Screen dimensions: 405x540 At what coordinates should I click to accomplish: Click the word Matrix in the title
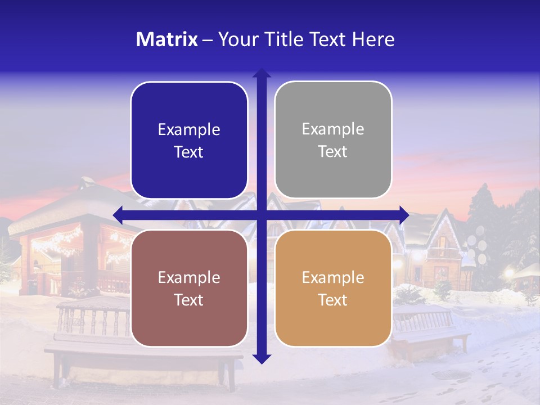tap(167, 39)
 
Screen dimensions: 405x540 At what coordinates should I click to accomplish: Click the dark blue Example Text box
tap(189, 140)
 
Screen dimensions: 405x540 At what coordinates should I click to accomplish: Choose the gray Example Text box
tap(333, 140)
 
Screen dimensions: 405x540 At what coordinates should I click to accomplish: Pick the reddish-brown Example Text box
tap(189, 288)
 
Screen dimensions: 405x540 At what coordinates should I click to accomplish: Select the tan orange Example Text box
tap(333, 288)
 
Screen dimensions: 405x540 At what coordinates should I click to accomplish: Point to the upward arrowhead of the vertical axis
tap(262, 73)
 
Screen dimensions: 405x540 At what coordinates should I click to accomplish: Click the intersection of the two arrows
tap(262, 215)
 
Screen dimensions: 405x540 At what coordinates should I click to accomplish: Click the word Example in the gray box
tap(333, 129)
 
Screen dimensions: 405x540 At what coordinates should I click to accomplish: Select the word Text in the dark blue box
tap(189, 152)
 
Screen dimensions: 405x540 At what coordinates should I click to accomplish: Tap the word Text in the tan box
tap(333, 300)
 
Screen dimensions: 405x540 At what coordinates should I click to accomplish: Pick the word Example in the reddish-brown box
tap(189, 277)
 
